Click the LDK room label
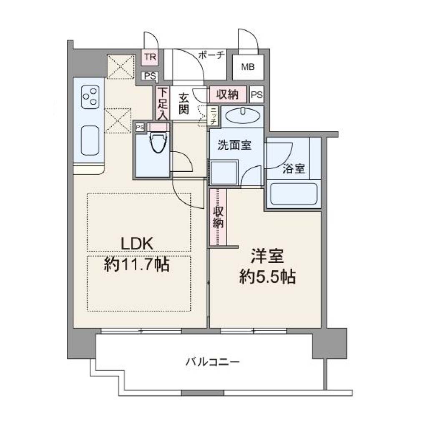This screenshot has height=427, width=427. point(137,244)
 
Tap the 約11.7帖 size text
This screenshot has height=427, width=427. point(137,264)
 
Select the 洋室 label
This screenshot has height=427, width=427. point(267,256)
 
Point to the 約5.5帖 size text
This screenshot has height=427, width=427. point(267,277)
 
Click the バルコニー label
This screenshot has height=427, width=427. point(213,362)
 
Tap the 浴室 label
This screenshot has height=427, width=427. point(294,169)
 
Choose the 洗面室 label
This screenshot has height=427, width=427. point(234,145)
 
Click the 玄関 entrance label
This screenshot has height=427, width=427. point(184,104)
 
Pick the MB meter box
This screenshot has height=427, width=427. point(248,67)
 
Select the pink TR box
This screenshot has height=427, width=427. point(150,57)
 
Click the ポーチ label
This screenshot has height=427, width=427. point(211,55)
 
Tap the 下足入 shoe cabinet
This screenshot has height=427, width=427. point(163,103)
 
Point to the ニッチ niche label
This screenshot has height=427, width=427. point(214,116)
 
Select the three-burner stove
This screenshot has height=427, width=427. point(90,97)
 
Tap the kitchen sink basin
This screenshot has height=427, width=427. point(90,141)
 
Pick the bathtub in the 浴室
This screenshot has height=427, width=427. point(294,194)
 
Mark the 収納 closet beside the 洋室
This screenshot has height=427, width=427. point(218,217)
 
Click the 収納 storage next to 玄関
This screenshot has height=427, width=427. point(228,94)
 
